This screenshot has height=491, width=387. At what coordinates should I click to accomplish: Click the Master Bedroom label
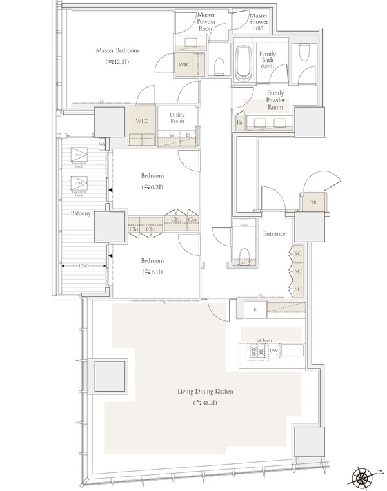pos(117,50)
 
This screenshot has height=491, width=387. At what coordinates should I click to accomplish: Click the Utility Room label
pos(177,118)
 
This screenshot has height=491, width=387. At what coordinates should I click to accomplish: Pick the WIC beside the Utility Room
pos(141,120)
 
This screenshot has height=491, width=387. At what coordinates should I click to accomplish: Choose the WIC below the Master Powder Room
pos(183,64)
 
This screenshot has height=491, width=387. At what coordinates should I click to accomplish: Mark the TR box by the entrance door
pos(313,202)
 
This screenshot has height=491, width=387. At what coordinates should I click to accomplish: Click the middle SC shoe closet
pos(298,271)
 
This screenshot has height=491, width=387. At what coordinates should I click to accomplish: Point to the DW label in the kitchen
pos(273,351)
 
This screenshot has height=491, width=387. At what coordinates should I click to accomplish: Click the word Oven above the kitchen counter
pos(266,340)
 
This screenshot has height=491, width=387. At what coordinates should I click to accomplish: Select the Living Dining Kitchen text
pos(206,391)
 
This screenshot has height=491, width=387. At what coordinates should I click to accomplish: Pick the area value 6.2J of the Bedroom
pos(152,187)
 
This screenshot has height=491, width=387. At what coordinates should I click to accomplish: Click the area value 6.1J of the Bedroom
pos(152,272)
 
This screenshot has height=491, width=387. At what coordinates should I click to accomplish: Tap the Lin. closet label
pos(240,122)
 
